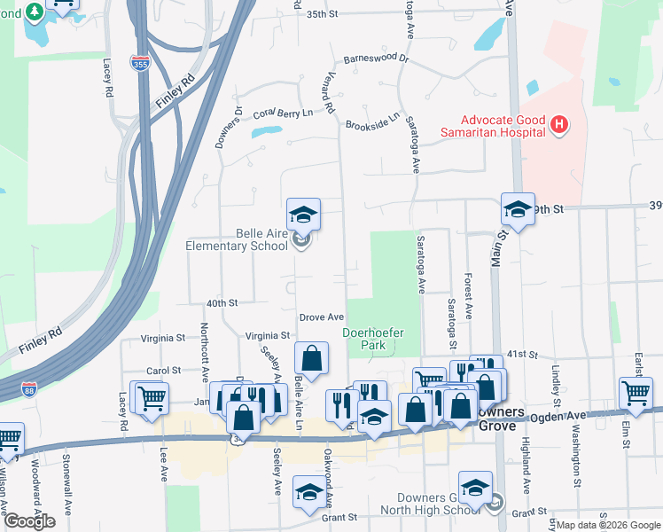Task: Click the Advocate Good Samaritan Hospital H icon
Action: pyautogui.click(x=558, y=126)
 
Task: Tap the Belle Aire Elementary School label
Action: pyautogui.click(x=237, y=239)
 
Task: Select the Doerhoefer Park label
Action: pyautogui.click(x=373, y=340)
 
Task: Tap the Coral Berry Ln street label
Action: pyautogui.click(x=284, y=113)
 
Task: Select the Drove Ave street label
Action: pyautogui.click(x=321, y=317)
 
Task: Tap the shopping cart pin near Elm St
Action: pyautogui.click(x=636, y=393)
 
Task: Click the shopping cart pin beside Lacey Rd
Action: pyautogui.click(x=150, y=396)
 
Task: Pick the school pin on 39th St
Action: pyautogui.click(x=518, y=209)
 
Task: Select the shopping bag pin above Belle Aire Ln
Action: pyautogui.click(x=311, y=358)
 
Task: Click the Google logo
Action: pyautogui.click(x=30, y=521)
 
